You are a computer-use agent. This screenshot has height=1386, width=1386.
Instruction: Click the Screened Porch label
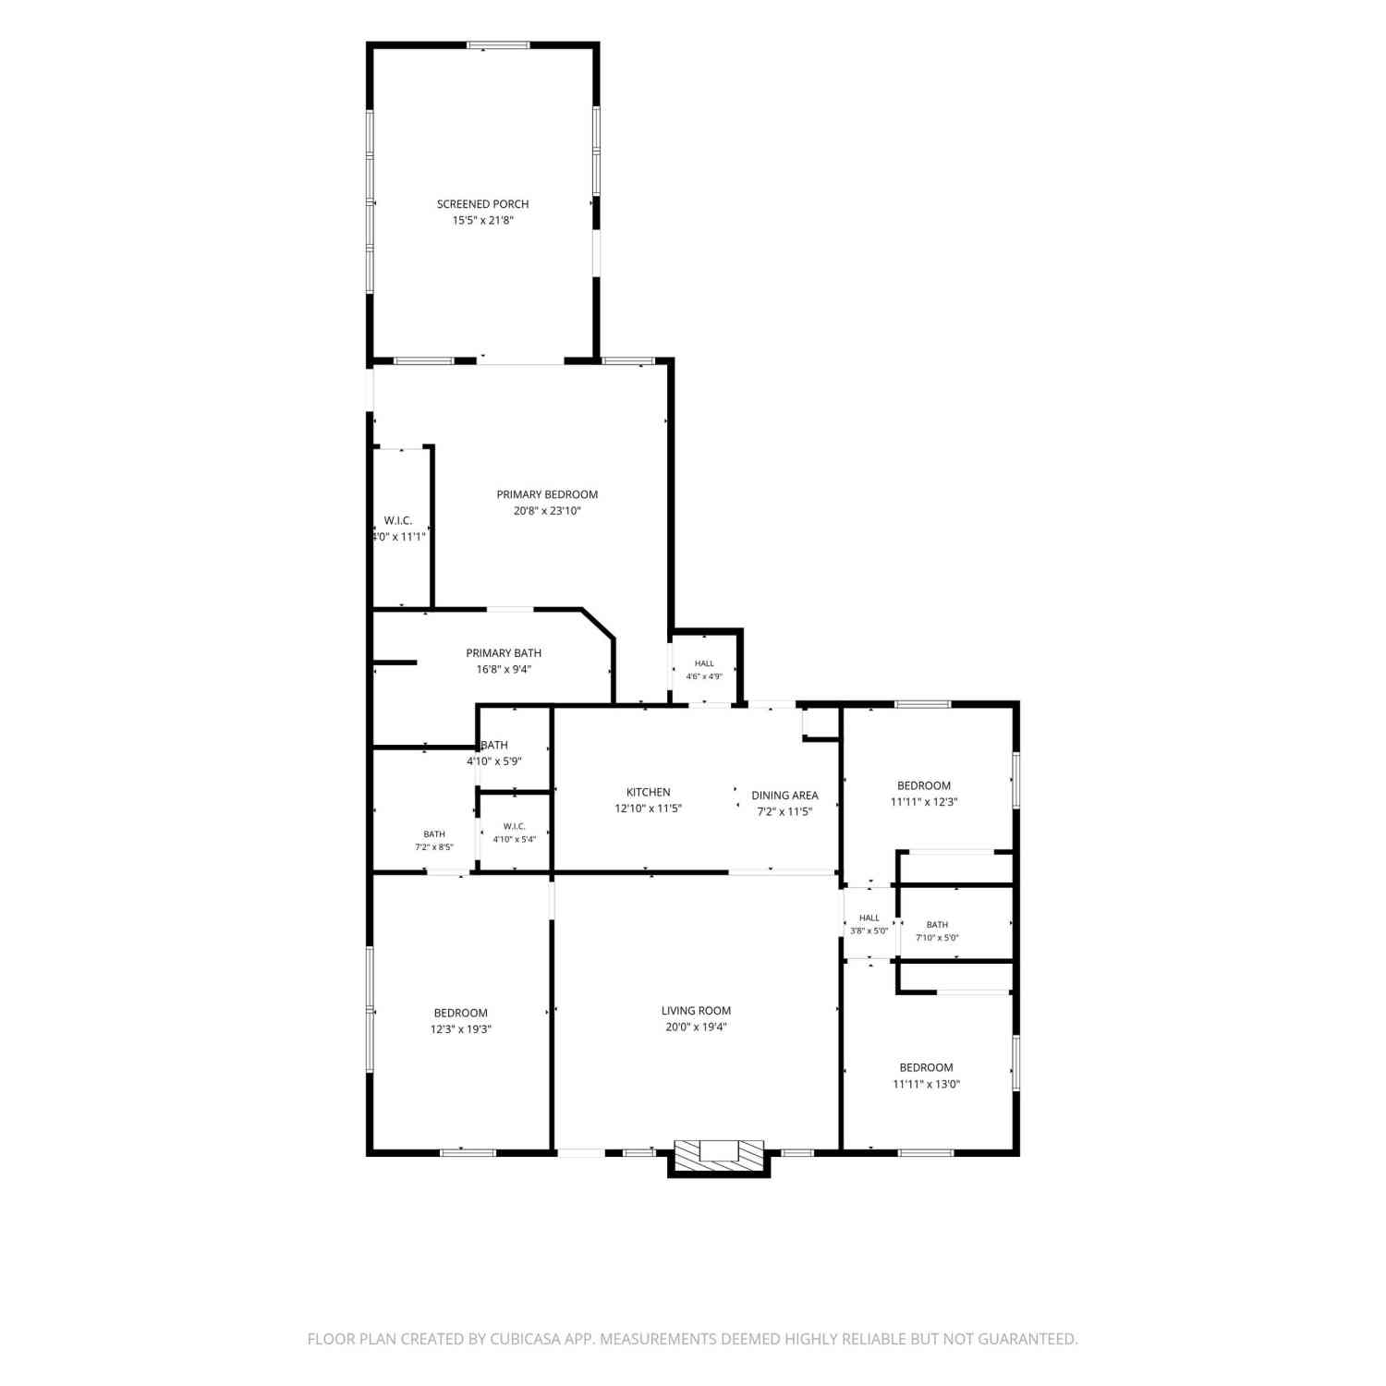(482, 204)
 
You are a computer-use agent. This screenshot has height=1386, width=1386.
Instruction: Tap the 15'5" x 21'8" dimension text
(482, 221)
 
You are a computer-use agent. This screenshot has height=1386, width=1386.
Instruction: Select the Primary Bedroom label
(547, 494)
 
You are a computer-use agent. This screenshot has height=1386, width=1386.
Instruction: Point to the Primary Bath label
(504, 653)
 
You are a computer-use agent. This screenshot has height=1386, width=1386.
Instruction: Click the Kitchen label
(649, 792)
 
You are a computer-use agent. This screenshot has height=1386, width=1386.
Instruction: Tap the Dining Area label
(784, 795)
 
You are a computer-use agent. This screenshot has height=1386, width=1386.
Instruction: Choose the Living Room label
(696, 1011)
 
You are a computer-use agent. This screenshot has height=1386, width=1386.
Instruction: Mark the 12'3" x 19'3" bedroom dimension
(460, 1029)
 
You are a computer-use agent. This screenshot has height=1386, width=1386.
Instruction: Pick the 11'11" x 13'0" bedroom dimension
(926, 1084)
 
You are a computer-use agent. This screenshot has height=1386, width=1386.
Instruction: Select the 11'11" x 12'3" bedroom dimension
(924, 802)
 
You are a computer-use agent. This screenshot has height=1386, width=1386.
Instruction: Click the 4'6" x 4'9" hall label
(704, 676)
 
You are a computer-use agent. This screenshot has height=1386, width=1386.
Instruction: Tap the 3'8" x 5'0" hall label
(869, 931)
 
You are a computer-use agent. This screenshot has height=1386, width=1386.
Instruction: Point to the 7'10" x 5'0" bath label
(937, 938)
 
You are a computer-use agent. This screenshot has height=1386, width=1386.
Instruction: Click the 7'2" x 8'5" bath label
(434, 847)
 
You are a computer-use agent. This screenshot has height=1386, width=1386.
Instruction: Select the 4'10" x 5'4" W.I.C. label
(515, 840)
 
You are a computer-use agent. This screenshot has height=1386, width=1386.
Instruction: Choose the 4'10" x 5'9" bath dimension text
(494, 761)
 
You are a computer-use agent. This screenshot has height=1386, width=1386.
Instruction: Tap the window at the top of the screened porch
(498, 44)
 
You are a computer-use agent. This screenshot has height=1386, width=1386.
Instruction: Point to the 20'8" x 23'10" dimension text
(547, 511)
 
